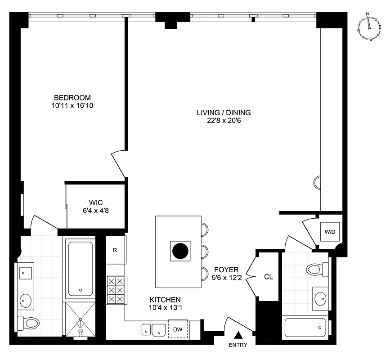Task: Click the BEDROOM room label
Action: [x=72, y=98]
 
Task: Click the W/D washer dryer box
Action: [x=330, y=232]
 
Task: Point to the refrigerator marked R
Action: [x=115, y=250]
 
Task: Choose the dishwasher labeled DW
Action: [x=178, y=329]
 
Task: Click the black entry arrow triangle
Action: [x=239, y=335]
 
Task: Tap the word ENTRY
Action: [x=238, y=346]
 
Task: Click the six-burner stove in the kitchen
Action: [x=116, y=290]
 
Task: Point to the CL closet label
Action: [x=269, y=277]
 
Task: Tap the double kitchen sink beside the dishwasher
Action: [x=152, y=329]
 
